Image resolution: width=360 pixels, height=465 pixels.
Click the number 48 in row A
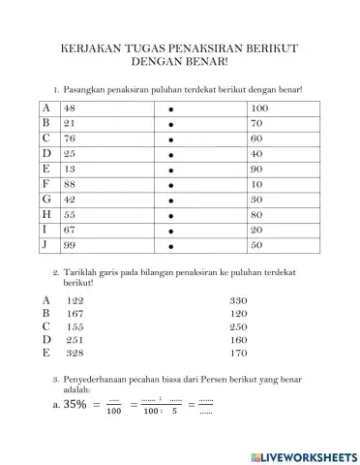coord(69,108)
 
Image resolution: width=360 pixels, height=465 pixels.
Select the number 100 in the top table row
coord(258,108)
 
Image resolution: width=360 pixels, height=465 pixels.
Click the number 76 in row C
coord(69,139)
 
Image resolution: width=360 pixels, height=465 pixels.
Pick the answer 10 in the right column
coord(256,184)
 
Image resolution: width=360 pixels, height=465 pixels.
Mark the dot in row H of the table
coord(170,214)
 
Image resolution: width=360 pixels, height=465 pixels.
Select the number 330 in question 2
coord(239,300)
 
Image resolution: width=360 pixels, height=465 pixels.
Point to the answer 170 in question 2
coord(239,354)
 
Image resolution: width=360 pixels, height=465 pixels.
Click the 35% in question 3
coord(75,405)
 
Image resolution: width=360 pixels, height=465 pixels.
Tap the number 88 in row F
coord(69,184)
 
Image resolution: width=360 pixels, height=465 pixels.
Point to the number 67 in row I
coord(69,230)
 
